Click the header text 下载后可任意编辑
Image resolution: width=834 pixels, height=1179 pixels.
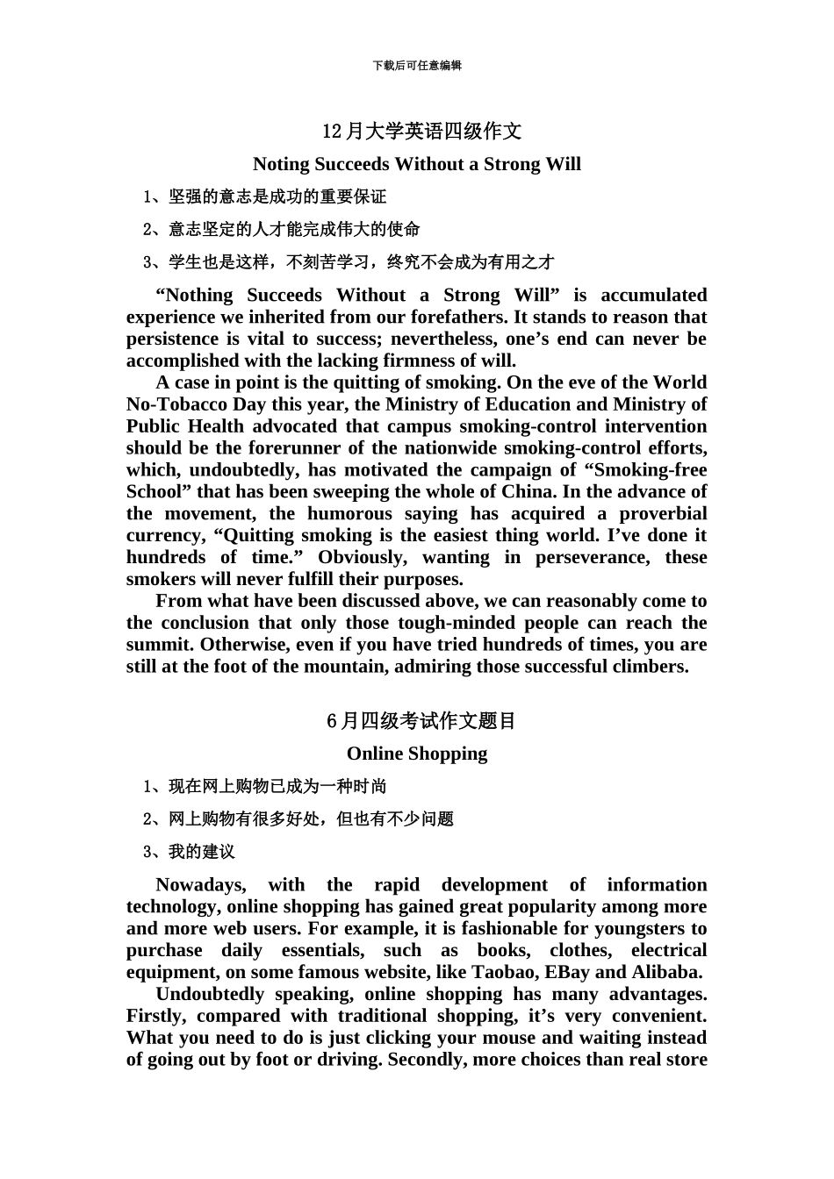tap(417, 66)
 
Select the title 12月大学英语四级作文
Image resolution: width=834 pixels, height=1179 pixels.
tap(422, 132)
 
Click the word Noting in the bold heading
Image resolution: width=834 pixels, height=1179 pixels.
tap(281, 164)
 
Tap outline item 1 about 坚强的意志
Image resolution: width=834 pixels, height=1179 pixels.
tap(265, 196)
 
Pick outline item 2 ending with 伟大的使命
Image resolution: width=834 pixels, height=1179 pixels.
tap(282, 229)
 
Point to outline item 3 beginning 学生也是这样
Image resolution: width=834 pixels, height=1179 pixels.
tap(349, 261)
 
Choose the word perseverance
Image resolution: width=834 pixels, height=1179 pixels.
tap(593, 557)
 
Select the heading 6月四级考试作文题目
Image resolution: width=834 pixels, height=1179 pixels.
tap(422, 721)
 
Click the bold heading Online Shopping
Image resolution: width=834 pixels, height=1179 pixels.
tap(417, 754)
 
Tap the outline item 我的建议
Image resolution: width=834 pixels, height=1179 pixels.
tap(190, 852)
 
